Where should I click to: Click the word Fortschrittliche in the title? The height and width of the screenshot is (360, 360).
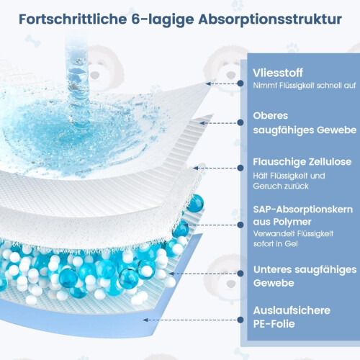click(x=73, y=19)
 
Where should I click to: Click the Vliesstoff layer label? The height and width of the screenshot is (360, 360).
click(x=278, y=73)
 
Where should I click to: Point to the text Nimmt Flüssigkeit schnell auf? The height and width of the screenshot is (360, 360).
click(x=305, y=86)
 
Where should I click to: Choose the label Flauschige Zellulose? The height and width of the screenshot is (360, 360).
click(x=302, y=162)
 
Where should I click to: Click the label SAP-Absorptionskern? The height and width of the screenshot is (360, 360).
click(x=303, y=210)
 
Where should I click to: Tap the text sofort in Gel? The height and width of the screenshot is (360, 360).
click(x=275, y=244)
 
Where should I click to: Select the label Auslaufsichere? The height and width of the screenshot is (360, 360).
click(x=292, y=310)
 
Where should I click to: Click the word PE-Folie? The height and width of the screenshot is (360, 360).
click(x=274, y=324)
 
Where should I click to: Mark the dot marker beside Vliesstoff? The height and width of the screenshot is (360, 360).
click(x=240, y=84)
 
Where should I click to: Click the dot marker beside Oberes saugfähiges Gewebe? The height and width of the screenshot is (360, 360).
click(x=240, y=122)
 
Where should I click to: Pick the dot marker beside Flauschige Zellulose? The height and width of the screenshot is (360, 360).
click(x=240, y=168)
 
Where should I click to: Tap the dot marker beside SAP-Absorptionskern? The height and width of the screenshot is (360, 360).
click(x=240, y=225)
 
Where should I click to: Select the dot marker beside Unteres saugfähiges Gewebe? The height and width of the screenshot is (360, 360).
click(x=240, y=273)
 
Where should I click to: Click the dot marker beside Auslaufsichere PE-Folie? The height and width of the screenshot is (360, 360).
click(x=240, y=320)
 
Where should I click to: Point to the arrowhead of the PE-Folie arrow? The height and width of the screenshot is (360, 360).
click(x=145, y=320)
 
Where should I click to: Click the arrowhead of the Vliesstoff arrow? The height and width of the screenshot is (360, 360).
click(x=208, y=84)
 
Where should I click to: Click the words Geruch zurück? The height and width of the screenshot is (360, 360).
click(x=281, y=186)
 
